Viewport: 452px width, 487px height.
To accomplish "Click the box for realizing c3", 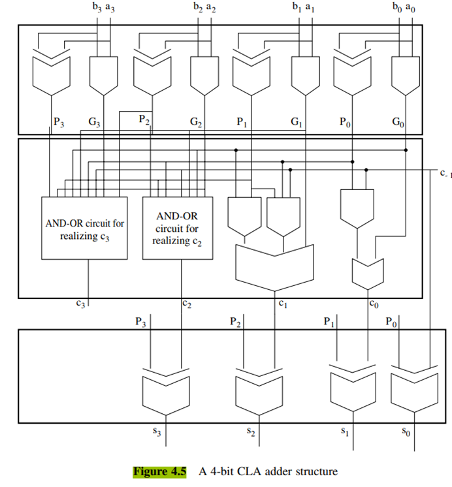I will coord(84,228).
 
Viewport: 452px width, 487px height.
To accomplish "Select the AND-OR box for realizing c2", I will coord(174,228).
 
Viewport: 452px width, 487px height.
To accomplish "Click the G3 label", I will coord(95,122).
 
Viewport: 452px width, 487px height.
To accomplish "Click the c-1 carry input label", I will coord(444,174).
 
